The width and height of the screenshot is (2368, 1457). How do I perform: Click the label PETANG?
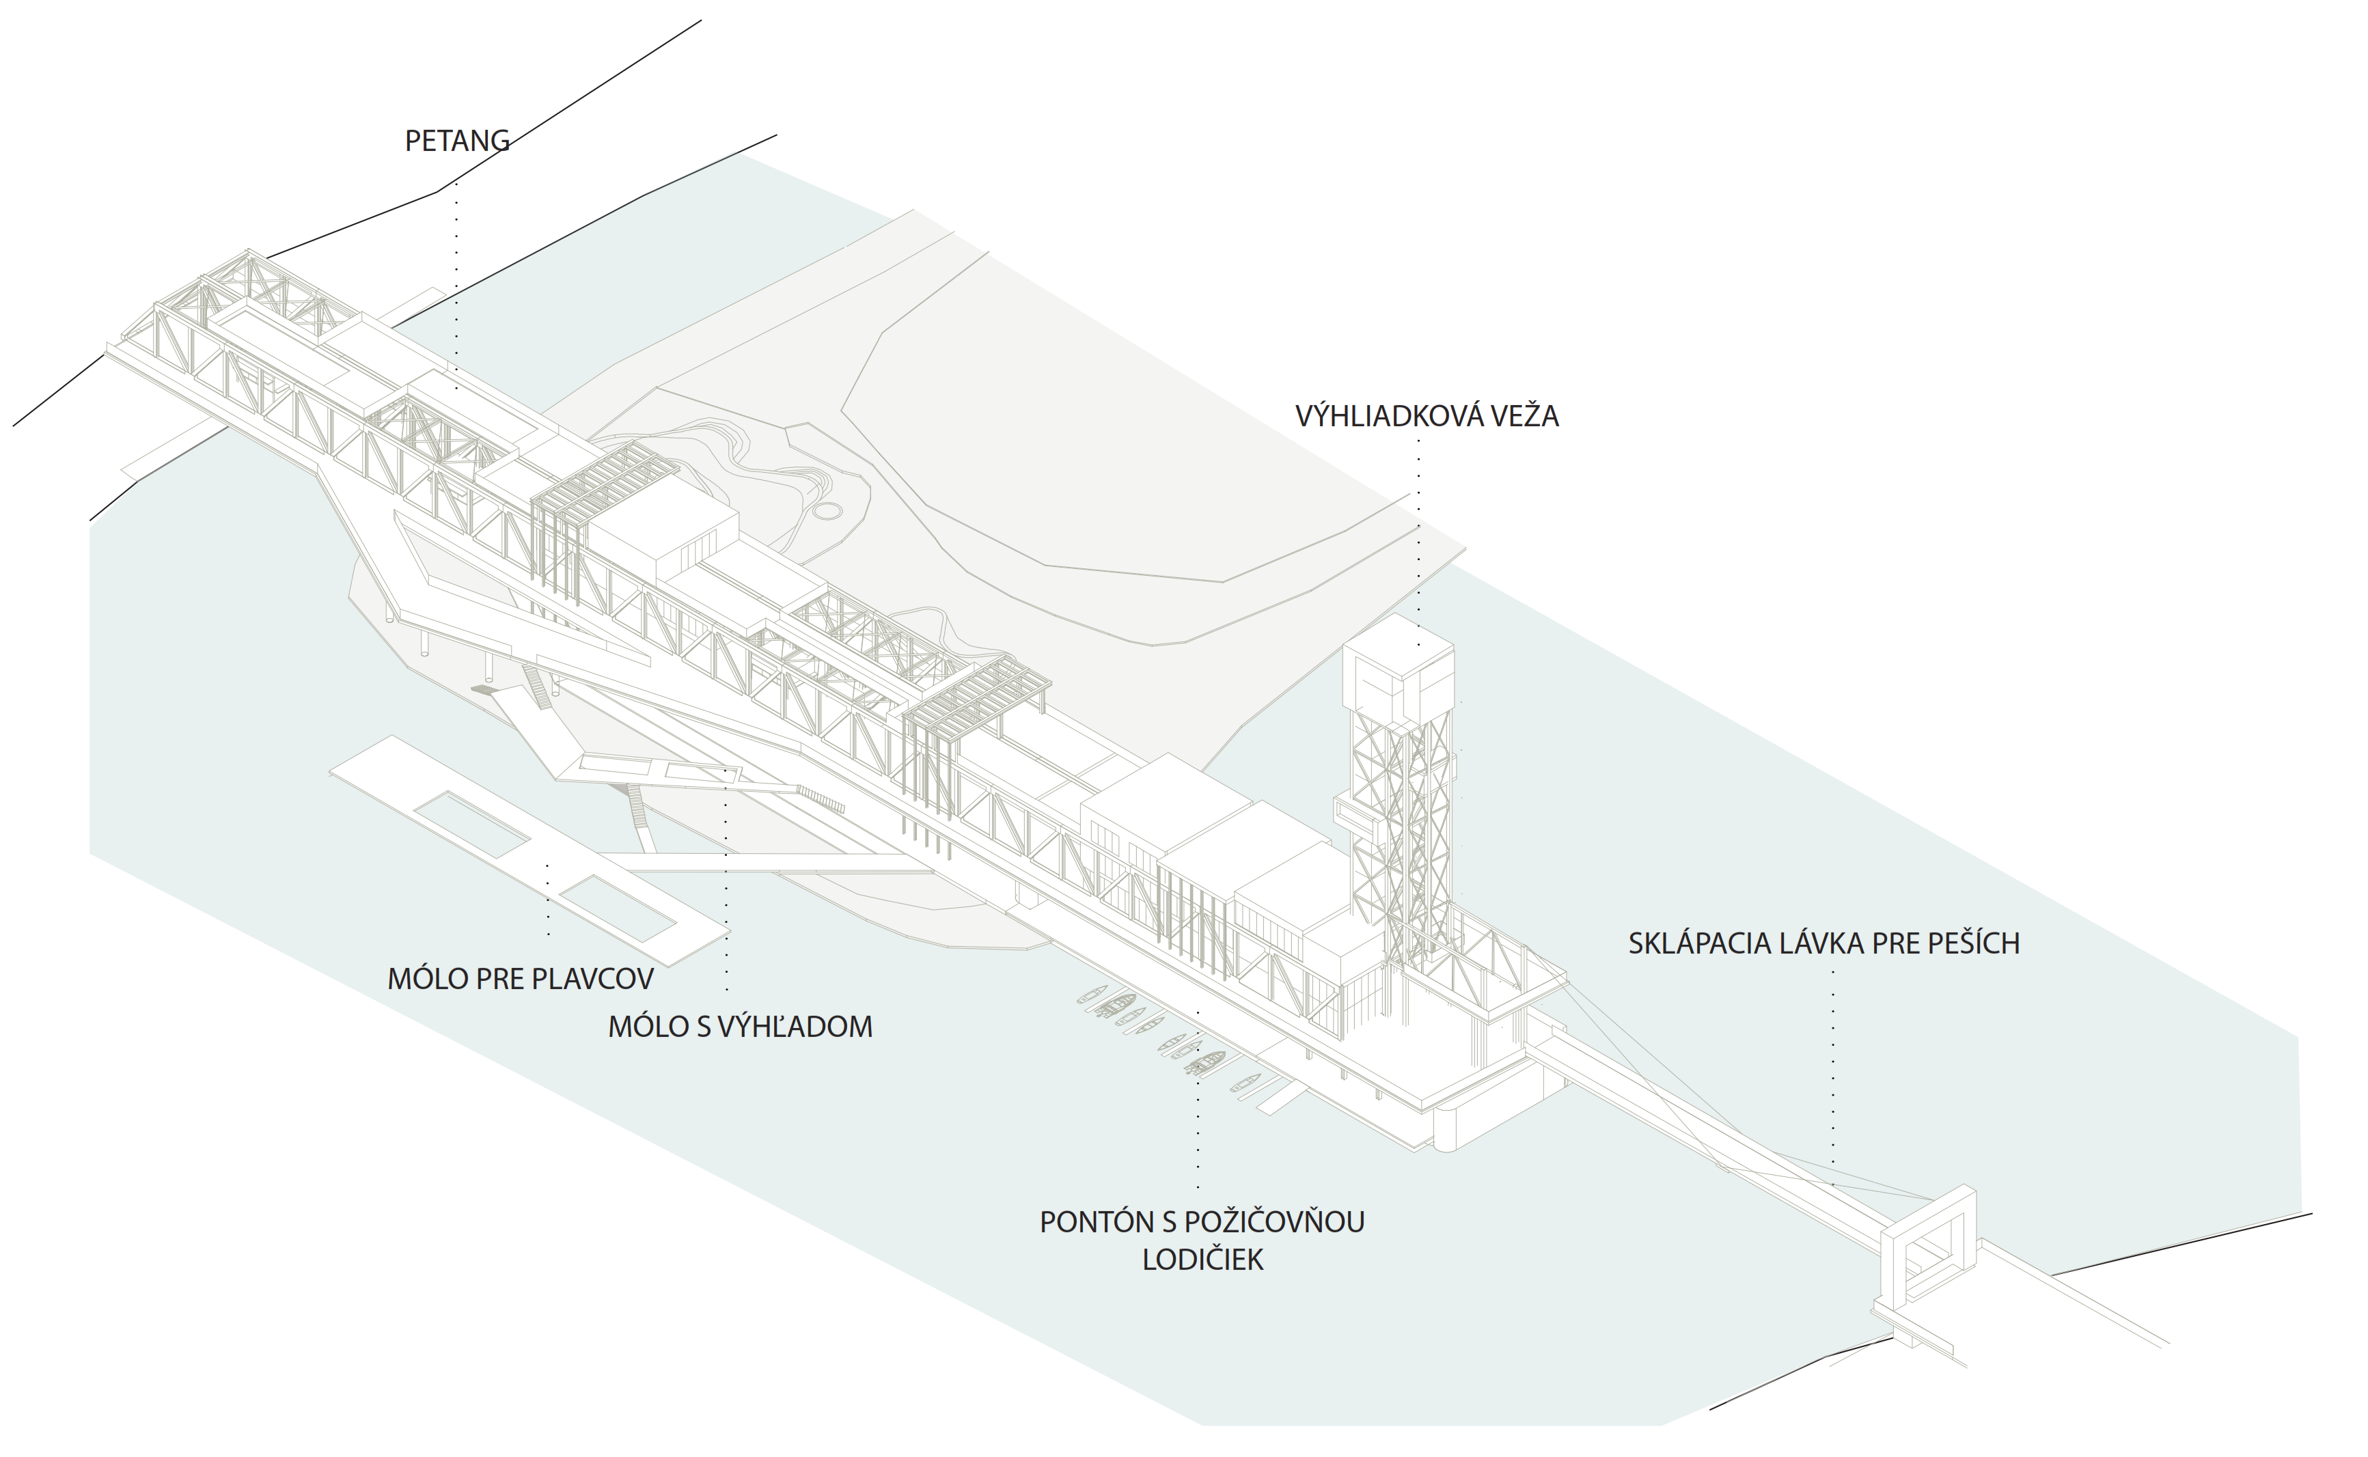click(x=457, y=141)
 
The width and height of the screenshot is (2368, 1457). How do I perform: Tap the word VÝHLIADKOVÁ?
click(x=1380, y=416)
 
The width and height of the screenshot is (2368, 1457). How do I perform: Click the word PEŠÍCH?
click(x=1968, y=943)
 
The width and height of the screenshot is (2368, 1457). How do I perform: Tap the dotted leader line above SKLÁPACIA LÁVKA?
click(x=1832, y=1070)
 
